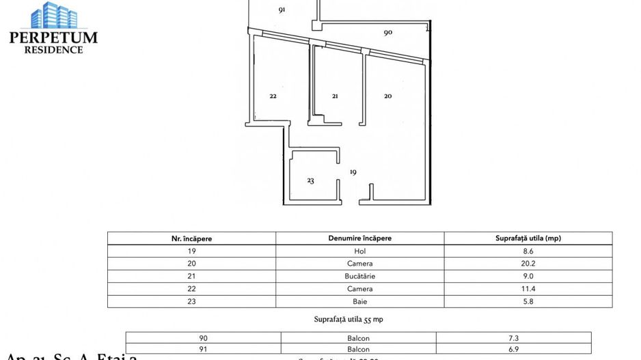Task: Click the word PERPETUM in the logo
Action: click(53, 38)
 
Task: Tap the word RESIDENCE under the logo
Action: click(53, 49)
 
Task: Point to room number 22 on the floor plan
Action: click(273, 96)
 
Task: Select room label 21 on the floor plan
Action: click(335, 96)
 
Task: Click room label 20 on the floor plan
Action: click(387, 96)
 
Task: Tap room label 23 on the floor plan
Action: click(310, 181)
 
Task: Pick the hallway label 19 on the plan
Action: click(353, 172)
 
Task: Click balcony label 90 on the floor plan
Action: click(387, 32)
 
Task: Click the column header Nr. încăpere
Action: click(191, 238)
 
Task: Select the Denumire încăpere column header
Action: click(359, 238)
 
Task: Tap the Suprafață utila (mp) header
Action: click(528, 238)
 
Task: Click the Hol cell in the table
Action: click(359, 251)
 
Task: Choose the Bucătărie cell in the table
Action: click(359, 276)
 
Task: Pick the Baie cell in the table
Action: click(359, 301)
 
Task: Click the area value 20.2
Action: click(528, 264)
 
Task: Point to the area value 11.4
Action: click(528, 288)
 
